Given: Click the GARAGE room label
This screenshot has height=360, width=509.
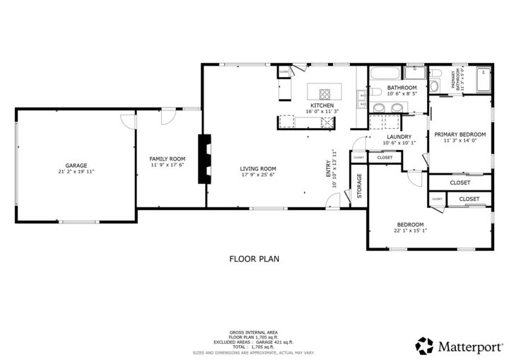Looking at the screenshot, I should pyautogui.click(x=76, y=165).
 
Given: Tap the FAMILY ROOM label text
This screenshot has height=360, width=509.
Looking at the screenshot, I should pyautogui.click(x=168, y=158).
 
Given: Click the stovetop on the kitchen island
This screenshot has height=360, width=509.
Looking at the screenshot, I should pyautogui.click(x=325, y=93).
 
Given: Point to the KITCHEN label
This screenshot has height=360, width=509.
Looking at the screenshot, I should pyautogui.click(x=322, y=105).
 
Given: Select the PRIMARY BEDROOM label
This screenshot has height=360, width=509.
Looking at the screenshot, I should pyautogui.click(x=460, y=134).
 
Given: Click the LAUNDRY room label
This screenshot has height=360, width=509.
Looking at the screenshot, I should pyautogui.click(x=399, y=137).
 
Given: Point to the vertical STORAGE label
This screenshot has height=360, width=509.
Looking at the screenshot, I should pyautogui.click(x=359, y=185).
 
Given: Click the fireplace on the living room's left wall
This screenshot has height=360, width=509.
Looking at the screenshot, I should pyautogui.click(x=205, y=159).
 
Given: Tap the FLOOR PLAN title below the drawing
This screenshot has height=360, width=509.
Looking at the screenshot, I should pyautogui.click(x=254, y=259).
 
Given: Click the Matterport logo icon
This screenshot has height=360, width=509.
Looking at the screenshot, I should pyautogui.click(x=424, y=345).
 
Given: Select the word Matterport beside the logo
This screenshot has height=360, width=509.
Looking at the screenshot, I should pyautogui.click(x=469, y=346).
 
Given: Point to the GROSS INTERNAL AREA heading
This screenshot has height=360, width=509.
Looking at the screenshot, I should pyautogui.click(x=253, y=332).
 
